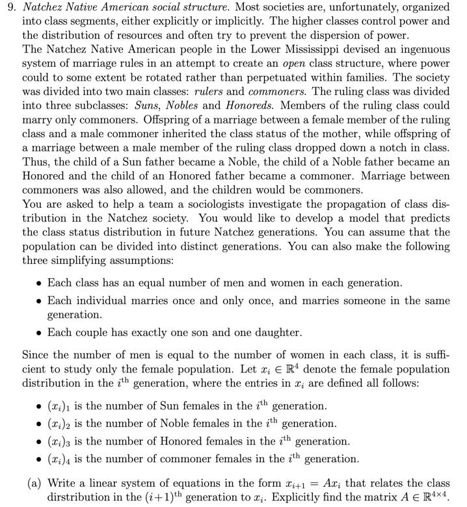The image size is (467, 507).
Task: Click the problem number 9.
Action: tap(10, 8)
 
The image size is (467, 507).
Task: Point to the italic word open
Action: tap(297, 64)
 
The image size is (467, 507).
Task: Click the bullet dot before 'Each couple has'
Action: tap(40, 333)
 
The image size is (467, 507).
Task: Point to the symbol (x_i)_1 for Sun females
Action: tap(62, 406)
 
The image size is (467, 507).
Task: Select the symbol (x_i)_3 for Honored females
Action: tap(62, 441)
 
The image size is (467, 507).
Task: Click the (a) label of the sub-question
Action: tap(34, 484)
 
